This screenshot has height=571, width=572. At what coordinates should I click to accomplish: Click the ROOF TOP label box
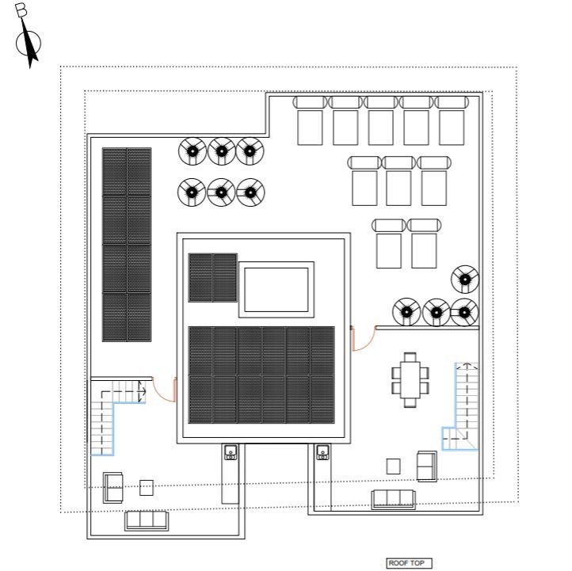[x=409, y=563]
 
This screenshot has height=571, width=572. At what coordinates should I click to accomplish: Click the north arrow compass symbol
[x=29, y=43]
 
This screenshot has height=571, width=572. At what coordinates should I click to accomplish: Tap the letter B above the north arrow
[x=21, y=10]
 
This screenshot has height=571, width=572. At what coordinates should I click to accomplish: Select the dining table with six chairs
[x=410, y=379]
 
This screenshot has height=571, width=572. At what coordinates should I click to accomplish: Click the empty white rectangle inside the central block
[x=276, y=290]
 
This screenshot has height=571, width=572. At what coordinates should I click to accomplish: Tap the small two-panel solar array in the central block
[x=212, y=278]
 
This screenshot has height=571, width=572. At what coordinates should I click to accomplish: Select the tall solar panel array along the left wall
[x=127, y=244]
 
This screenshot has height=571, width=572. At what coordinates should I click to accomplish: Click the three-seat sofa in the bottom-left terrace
[x=147, y=520]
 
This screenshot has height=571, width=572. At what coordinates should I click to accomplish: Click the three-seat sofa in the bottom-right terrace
[x=393, y=499]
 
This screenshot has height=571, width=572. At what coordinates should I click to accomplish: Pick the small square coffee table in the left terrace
[x=147, y=488]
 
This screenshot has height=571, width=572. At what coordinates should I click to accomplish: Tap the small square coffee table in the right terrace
[x=393, y=466]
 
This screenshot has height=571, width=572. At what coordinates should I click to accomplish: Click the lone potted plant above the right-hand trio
[x=465, y=280]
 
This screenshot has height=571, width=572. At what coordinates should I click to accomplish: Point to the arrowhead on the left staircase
[x=143, y=391]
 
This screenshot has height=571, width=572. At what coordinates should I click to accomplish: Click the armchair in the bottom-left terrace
[x=112, y=488]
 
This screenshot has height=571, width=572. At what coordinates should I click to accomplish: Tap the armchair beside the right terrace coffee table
[x=427, y=466]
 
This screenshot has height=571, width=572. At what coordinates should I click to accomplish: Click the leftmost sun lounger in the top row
[x=310, y=120]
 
